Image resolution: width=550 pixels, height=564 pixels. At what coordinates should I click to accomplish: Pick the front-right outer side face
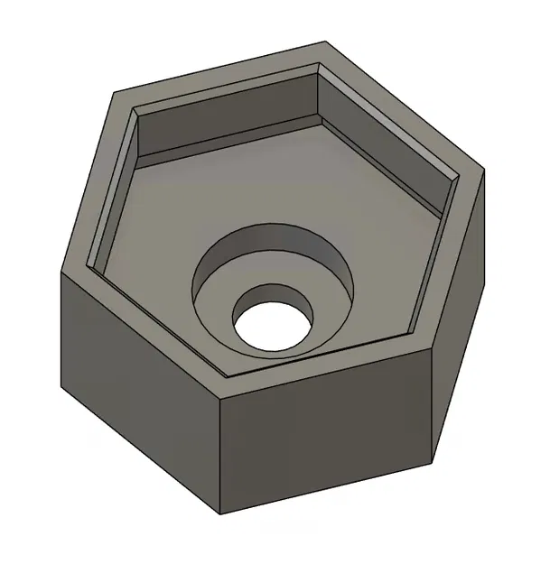pyautogui.click(x=325, y=442)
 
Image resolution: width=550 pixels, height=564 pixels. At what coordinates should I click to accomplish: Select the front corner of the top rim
pyautogui.click(x=221, y=400)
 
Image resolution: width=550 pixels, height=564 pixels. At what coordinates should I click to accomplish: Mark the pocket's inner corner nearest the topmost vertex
pyautogui.click(x=321, y=67)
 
